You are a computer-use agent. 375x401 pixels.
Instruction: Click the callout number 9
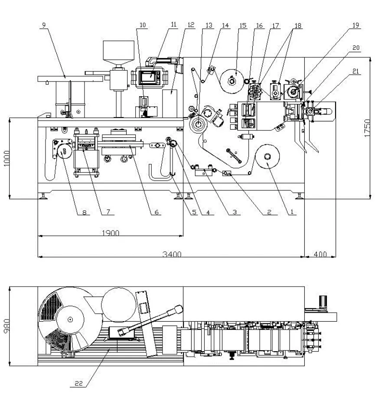click(x=43, y=26)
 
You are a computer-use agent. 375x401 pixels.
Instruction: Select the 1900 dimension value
click(x=111, y=233)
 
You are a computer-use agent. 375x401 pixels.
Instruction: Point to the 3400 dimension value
click(x=172, y=254)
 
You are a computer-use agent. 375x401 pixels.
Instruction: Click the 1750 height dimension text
click(x=367, y=128)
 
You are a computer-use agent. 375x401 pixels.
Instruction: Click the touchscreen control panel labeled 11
click(x=150, y=76)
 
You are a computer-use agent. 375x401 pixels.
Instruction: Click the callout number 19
click(x=355, y=26)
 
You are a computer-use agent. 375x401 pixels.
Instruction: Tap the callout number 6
click(x=157, y=212)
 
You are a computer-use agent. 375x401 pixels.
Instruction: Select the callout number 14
click(x=225, y=26)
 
